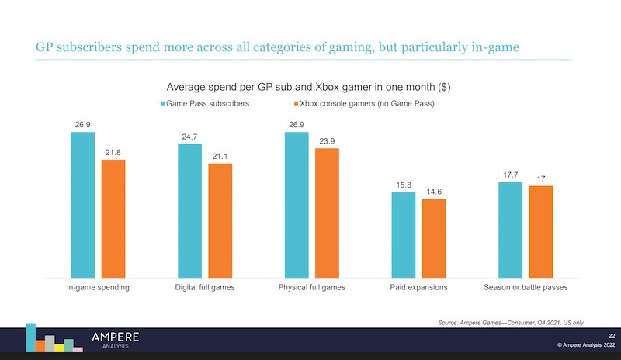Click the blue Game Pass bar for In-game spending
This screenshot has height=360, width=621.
click(x=82, y=205)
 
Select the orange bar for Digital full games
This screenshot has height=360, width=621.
click(x=220, y=220)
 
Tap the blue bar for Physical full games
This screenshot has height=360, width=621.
click(x=297, y=205)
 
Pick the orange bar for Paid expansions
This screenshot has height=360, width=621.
click(x=434, y=238)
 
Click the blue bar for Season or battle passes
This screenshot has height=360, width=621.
click(x=510, y=230)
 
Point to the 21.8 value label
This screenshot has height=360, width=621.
click(x=113, y=152)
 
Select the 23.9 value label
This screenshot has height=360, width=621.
click(x=327, y=140)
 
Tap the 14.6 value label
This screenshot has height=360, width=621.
click(x=434, y=191)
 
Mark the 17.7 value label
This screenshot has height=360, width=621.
click(x=510, y=175)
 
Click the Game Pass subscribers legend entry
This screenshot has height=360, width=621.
click(x=204, y=102)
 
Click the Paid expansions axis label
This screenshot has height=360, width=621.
click(x=418, y=287)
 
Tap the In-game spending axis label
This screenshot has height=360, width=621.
click(x=97, y=287)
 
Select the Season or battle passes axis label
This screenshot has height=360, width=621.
click(x=526, y=287)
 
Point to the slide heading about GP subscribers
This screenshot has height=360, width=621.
click(x=277, y=48)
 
